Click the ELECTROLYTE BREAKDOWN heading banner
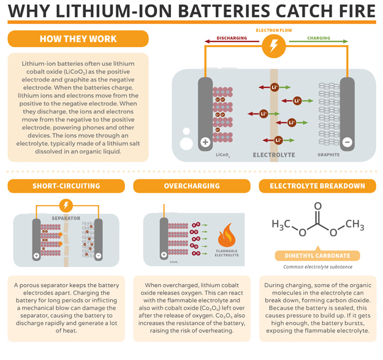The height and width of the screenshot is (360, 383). point(317,186)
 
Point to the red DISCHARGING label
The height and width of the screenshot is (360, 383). point(232,38)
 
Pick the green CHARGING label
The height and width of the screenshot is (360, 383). point(318,38)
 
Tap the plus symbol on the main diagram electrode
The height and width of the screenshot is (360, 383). point(205,142)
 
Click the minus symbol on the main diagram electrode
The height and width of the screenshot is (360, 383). point(347,142)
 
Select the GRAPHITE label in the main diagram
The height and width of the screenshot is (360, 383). point(328,155)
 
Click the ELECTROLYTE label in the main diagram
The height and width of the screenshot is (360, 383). point(273,156)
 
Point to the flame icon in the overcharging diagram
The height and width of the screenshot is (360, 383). point(227,235)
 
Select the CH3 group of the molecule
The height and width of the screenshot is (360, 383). point(354,224)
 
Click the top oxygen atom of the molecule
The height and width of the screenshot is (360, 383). point(317,206)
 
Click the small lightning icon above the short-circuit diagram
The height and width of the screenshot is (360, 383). point(66,204)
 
